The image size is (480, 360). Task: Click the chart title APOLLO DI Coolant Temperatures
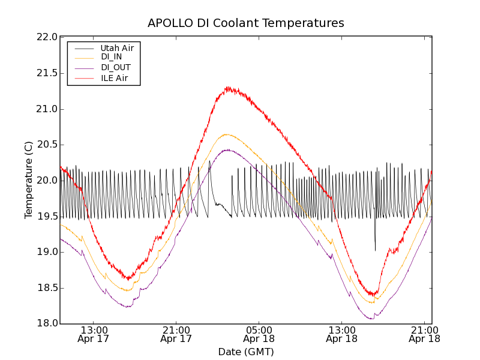pos(246,23)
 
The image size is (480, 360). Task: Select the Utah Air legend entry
pos(117,47)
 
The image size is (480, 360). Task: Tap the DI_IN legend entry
pos(112,57)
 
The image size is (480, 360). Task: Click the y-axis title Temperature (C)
pos(29,180)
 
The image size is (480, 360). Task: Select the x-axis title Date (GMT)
pos(246,352)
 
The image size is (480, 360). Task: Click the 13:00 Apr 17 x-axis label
pos(94,334)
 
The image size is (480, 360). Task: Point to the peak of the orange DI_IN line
pos(227,134)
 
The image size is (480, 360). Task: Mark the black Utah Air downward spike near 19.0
pos(375,250)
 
